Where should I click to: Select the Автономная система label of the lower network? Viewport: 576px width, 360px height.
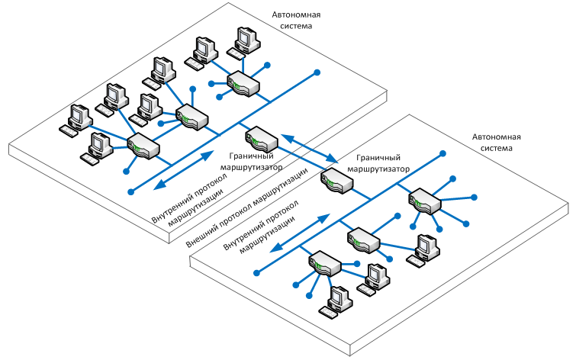(497, 143)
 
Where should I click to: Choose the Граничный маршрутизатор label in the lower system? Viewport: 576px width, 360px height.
(378, 162)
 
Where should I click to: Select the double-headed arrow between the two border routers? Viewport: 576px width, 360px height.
(308, 148)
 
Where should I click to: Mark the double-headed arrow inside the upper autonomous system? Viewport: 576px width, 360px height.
(182, 170)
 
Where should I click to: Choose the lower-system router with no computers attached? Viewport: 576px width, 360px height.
(424, 202)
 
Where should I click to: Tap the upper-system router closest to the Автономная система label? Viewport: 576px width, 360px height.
(243, 82)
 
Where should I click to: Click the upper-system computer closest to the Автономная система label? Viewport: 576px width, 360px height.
(245, 40)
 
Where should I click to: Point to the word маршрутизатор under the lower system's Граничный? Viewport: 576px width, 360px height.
(378, 169)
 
